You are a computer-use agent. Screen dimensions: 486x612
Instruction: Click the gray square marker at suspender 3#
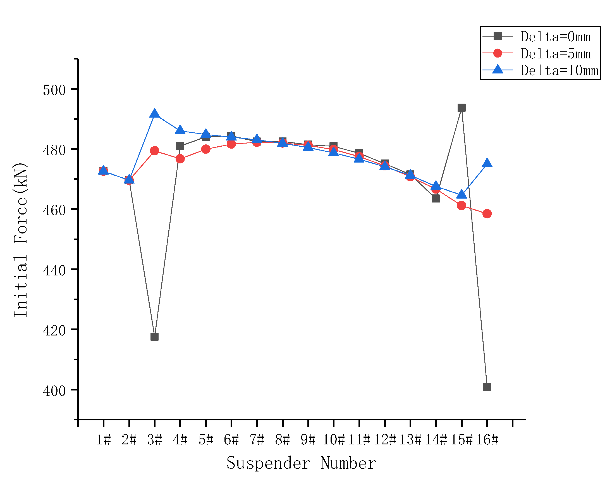point(154,337)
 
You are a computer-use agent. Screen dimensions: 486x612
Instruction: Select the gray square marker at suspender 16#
point(487,387)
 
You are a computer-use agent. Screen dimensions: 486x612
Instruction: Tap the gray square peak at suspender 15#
point(462,108)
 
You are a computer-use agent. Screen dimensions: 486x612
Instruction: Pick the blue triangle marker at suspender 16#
point(487,163)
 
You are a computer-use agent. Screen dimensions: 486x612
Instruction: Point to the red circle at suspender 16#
point(487,214)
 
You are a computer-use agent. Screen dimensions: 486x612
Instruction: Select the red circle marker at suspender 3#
point(154,151)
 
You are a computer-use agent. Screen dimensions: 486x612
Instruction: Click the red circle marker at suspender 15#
point(462,205)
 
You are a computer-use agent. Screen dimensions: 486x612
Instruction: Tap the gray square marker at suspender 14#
point(436,199)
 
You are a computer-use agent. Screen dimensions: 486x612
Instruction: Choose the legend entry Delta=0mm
point(555,37)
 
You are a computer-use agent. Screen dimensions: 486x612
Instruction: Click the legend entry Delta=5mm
point(555,54)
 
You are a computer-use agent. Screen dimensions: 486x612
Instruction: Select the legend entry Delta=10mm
point(559,70)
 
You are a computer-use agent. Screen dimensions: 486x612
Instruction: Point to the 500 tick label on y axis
point(54,90)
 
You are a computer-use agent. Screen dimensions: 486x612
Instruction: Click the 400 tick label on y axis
point(54,391)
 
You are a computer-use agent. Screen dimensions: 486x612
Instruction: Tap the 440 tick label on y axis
point(54,271)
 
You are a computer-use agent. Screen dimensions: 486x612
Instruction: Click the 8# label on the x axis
point(283,440)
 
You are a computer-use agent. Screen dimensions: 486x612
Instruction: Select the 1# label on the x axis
point(104,440)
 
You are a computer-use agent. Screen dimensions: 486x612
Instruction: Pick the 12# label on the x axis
point(385,440)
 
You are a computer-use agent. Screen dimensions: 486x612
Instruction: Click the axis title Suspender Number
point(301,463)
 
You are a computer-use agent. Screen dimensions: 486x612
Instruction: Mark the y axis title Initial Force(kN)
point(20,240)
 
